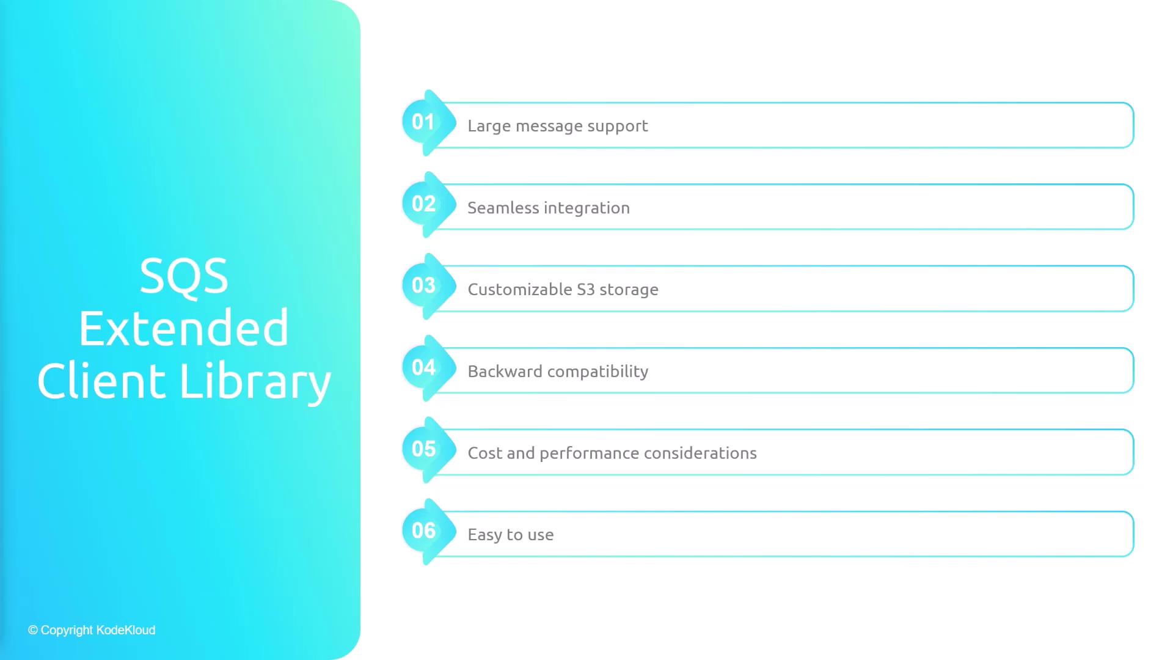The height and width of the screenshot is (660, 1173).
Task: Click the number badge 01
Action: (428, 123)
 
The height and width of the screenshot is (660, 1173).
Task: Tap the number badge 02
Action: (428, 205)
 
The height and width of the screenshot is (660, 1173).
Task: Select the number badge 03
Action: (428, 286)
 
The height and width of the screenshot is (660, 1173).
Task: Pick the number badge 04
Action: (428, 368)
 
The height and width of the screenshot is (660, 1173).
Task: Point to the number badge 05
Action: (428, 450)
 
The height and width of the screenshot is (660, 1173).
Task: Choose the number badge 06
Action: (428, 532)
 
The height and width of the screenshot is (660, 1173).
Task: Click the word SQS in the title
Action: (184, 277)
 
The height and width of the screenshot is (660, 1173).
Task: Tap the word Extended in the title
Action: (184, 328)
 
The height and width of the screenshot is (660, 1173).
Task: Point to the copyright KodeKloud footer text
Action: (92, 630)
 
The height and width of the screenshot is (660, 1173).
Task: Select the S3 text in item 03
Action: (586, 289)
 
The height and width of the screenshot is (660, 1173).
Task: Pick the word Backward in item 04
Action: (505, 371)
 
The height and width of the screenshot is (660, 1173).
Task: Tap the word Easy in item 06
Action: (485, 535)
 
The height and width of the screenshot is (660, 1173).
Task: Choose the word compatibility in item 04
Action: (598, 372)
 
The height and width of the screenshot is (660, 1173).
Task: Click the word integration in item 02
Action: (587, 208)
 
